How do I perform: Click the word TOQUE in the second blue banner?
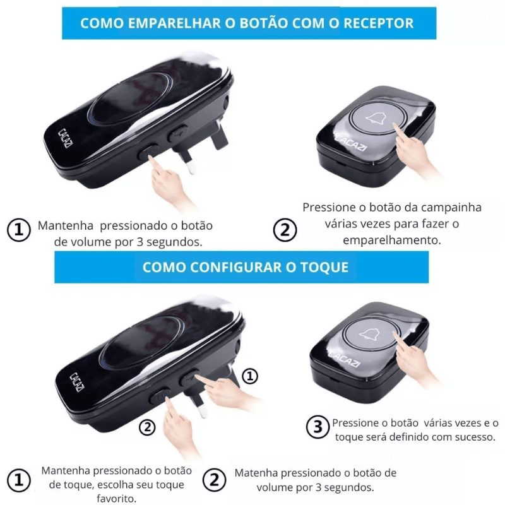[323, 267]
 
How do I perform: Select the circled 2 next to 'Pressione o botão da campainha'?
[285, 230]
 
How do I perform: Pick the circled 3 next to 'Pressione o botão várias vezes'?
[317, 427]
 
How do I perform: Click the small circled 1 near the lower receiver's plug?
[251, 377]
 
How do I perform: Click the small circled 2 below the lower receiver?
[146, 427]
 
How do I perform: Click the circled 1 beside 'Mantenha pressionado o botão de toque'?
[20, 480]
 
